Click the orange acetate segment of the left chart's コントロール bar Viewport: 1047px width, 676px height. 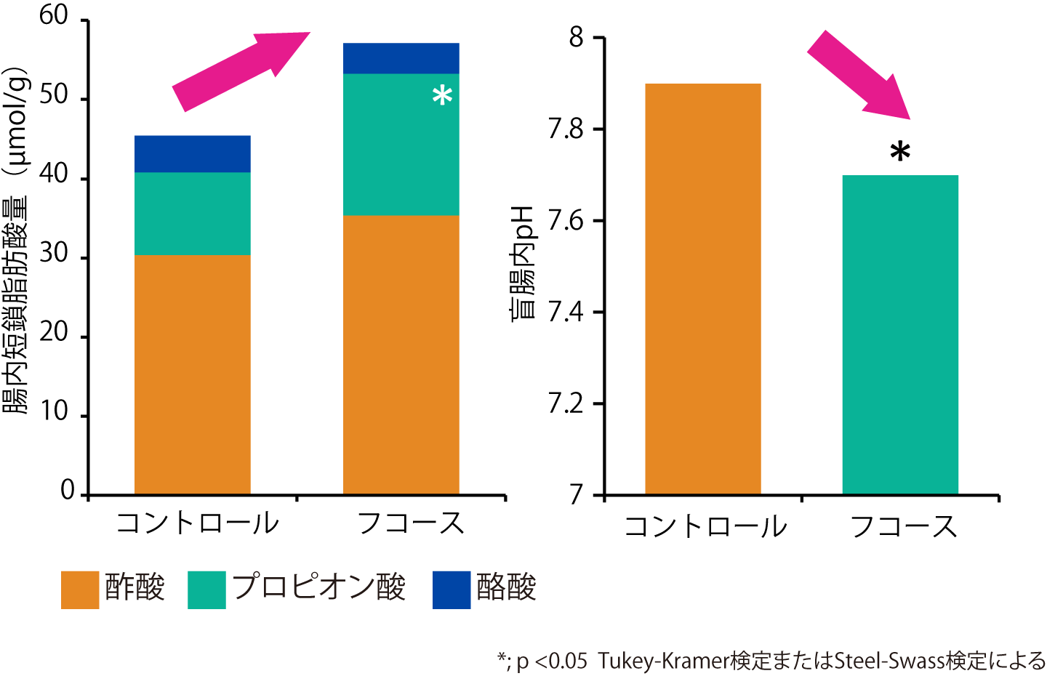[193, 374]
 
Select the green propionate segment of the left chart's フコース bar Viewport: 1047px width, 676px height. [401, 145]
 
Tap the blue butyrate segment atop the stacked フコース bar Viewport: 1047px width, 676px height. [401, 58]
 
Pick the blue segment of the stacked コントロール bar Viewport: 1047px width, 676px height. [193, 153]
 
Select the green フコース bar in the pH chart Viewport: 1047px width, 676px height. [900, 334]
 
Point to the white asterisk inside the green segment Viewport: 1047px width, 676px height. [442, 96]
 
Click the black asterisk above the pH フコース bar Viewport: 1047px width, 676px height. [900, 152]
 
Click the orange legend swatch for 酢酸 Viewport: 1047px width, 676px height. [80, 590]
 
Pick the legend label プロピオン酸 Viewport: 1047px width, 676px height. [318, 588]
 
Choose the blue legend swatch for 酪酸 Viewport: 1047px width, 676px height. [452, 590]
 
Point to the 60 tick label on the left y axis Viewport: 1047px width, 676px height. [54, 15]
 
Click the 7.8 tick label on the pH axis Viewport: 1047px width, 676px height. [566, 129]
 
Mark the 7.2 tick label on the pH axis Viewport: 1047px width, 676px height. [566, 404]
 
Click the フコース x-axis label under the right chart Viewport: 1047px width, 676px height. [904, 526]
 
